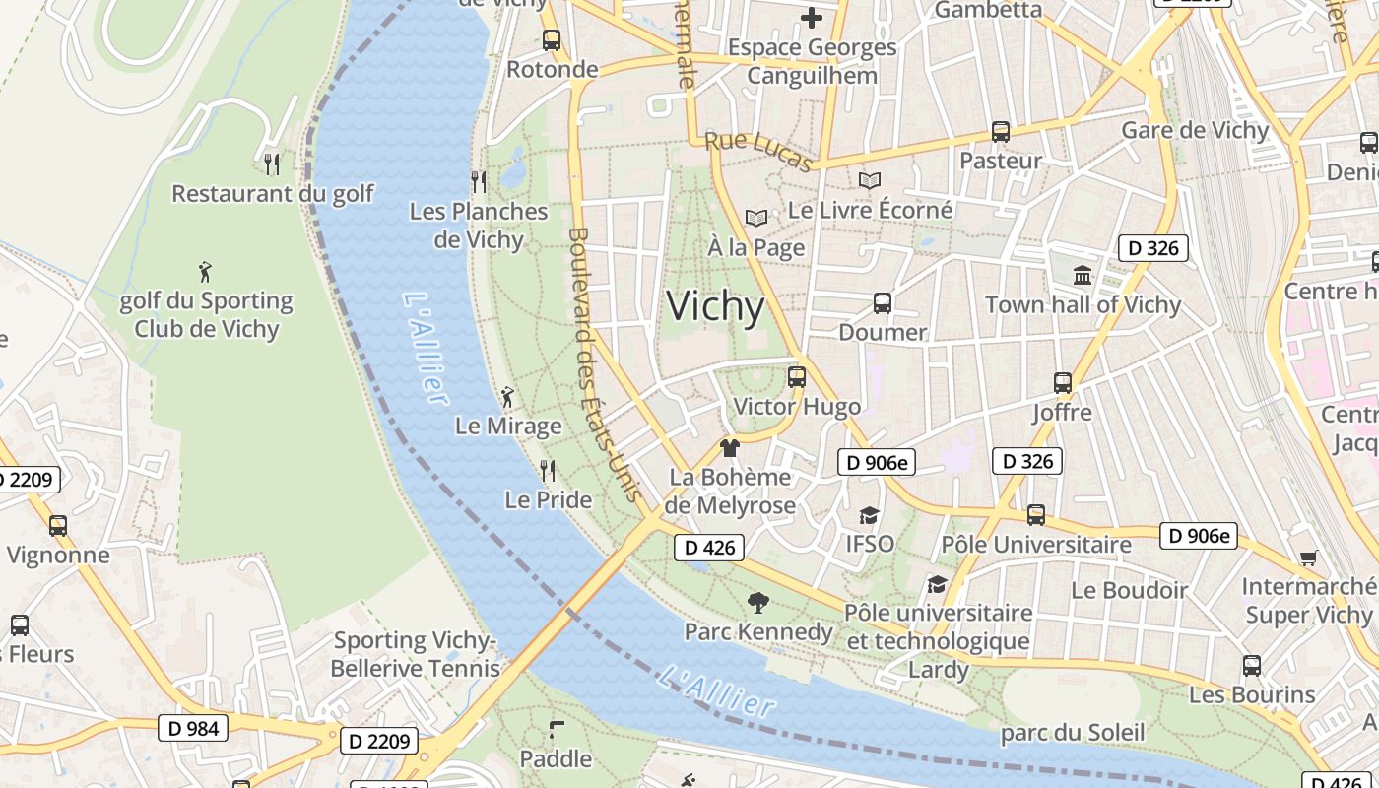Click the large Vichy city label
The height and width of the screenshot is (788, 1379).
click(715, 306)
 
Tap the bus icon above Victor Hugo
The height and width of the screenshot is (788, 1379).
click(797, 376)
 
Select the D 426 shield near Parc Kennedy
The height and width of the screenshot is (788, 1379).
click(708, 548)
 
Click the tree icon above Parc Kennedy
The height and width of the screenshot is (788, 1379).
click(757, 602)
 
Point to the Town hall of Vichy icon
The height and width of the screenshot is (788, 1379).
click(1083, 275)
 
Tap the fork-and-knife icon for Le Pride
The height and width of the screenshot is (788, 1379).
click(548, 470)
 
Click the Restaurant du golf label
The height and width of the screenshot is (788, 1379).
click(273, 193)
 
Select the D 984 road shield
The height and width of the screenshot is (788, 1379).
click(193, 729)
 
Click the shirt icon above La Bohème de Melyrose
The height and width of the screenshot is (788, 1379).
click(729, 448)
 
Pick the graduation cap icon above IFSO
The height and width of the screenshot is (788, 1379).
click(869, 515)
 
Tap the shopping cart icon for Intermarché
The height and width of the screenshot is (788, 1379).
click(1308, 558)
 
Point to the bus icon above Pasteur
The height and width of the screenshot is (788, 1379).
click(1001, 131)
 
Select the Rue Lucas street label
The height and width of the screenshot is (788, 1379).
click(758, 152)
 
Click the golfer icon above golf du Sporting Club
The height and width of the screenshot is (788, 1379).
click(205, 271)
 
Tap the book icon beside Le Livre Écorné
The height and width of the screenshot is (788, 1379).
click(869, 180)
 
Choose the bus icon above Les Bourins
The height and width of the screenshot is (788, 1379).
click(1251, 666)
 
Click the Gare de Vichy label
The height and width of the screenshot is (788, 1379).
click(1195, 130)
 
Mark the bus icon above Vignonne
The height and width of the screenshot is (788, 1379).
click(58, 526)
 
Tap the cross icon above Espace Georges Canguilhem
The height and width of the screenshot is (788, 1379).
click(811, 18)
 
